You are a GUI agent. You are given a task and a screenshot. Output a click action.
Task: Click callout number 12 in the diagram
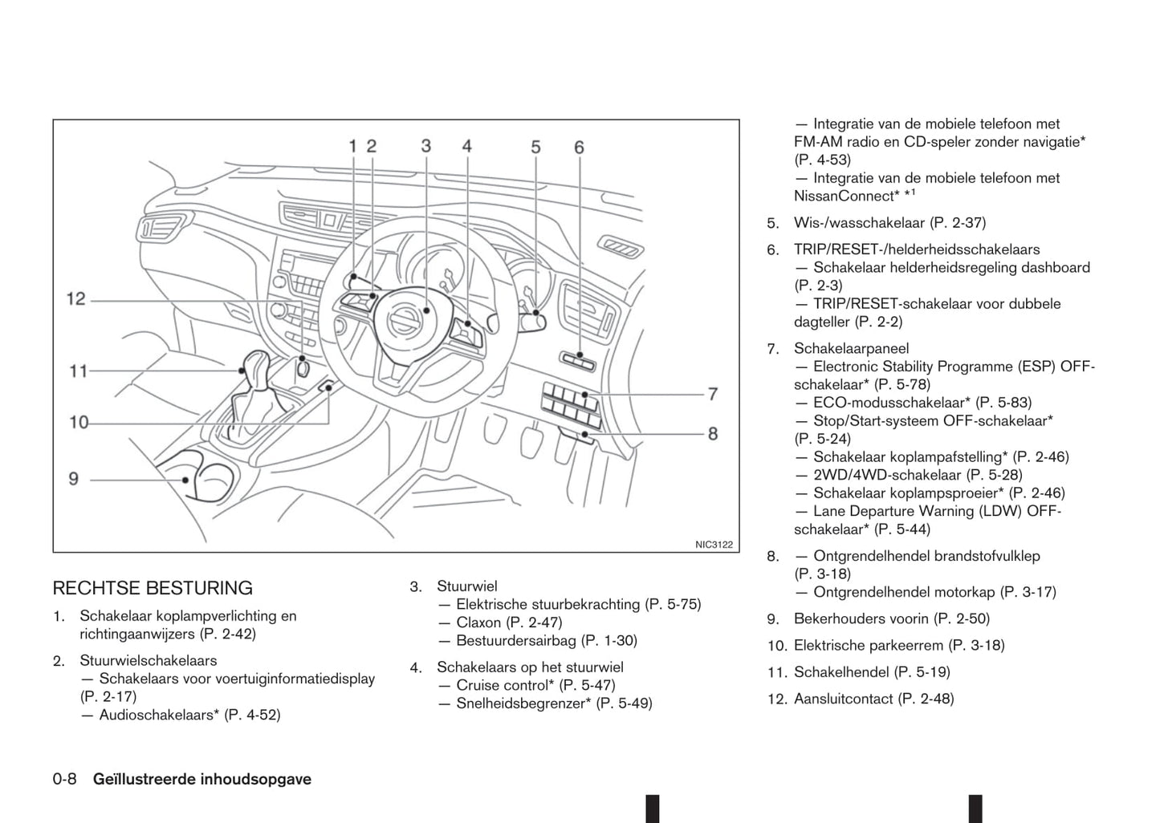click(75, 299)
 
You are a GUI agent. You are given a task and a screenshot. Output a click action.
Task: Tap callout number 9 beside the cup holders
click(74, 479)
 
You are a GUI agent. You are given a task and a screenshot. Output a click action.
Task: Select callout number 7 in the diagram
click(712, 394)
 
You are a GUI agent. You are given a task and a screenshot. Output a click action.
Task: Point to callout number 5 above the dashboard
click(535, 147)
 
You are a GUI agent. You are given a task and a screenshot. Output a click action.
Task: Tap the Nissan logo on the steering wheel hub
click(403, 322)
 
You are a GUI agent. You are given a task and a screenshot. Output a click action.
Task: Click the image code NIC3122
click(714, 545)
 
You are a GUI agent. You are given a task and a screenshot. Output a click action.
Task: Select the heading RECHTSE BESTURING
click(153, 588)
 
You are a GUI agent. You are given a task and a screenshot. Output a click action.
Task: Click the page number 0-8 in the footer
click(64, 779)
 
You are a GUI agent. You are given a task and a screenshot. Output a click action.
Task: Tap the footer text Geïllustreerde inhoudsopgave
click(202, 779)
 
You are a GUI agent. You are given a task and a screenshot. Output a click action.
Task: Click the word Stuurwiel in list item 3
click(466, 586)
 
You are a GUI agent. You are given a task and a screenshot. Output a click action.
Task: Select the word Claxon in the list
click(478, 622)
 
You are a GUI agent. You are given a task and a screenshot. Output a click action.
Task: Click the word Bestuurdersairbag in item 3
click(516, 640)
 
